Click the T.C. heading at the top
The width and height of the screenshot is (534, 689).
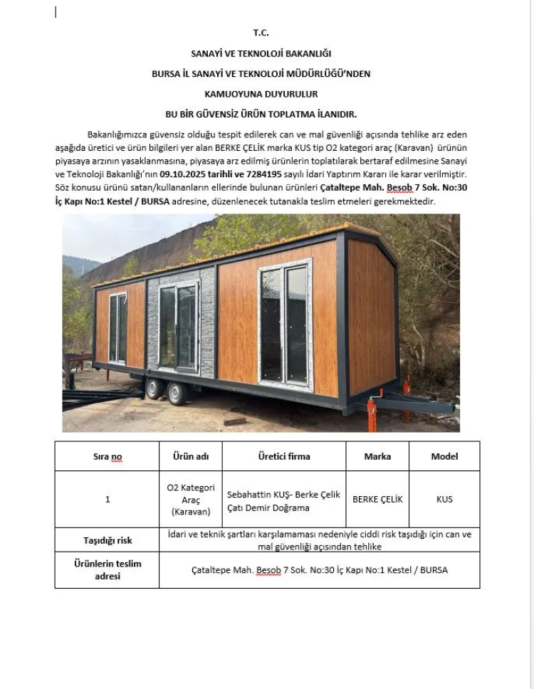(x=261, y=33)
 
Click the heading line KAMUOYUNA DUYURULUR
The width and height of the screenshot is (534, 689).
(x=261, y=93)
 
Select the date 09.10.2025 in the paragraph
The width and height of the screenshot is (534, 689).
(x=181, y=173)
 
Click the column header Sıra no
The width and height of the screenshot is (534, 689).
(x=107, y=456)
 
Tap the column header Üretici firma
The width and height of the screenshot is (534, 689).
(x=283, y=456)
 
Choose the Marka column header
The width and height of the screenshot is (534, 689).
(x=377, y=456)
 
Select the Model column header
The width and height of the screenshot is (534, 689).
(x=444, y=456)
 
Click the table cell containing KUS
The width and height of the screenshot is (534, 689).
(x=444, y=499)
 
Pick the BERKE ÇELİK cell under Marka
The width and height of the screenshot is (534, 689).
(x=377, y=499)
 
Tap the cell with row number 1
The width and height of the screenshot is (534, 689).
(x=108, y=499)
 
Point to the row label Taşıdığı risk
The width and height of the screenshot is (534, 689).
(x=108, y=540)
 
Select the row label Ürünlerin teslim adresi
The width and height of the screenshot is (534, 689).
(x=108, y=569)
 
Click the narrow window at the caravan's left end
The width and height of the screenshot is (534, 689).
(x=117, y=327)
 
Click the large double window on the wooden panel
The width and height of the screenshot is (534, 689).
(x=285, y=324)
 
